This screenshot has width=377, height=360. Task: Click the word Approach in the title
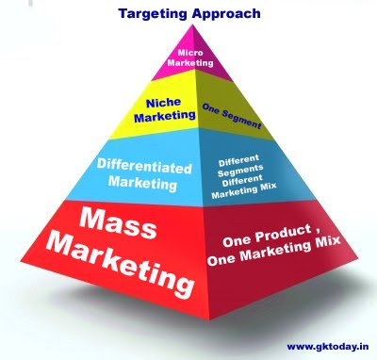tap(226, 14)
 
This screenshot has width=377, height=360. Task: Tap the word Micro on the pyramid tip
tap(190, 53)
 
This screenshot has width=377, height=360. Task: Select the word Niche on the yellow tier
tap(163, 103)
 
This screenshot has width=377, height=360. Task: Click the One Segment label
tap(232, 116)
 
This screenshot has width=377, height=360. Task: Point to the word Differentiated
tap(144, 166)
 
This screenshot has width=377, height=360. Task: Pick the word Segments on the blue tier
tap(240, 171)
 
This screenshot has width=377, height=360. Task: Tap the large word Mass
tap(118, 223)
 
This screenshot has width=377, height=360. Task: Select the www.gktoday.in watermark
tap(328, 347)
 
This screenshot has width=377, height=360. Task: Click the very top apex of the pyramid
tap(192, 25)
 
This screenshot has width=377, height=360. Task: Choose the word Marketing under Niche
tap(165, 117)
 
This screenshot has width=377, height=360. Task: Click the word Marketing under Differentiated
tap(142, 183)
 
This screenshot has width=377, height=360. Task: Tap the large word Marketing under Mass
tap(121, 265)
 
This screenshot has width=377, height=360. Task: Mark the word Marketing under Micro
tap(190, 62)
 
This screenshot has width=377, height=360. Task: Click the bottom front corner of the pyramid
tap(209, 319)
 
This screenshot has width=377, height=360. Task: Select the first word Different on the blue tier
tap(239, 161)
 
